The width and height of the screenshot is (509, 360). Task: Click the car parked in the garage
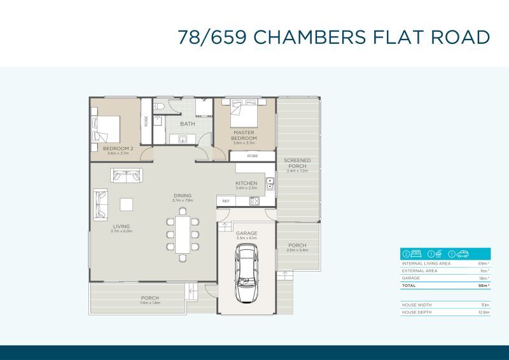click(x=246, y=274)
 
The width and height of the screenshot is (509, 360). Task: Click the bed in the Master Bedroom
click(x=244, y=117)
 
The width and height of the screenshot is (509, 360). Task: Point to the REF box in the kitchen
click(x=225, y=201)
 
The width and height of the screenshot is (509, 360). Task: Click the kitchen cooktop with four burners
click(x=254, y=201)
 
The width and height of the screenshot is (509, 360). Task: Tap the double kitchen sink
click(x=270, y=184)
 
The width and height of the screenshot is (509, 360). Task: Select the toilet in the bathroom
click(x=161, y=106)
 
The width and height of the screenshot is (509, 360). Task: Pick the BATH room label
click(x=188, y=124)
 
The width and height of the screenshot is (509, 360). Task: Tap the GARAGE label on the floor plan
click(x=247, y=233)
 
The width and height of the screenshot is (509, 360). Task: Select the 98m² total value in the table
click(x=483, y=286)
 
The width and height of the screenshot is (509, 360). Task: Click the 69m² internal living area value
click(x=483, y=263)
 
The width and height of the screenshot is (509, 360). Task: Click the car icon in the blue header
click(x=463, y=253)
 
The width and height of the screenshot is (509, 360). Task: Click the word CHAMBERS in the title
click(x=309, y=37)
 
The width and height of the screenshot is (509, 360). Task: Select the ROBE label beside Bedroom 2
click(x=146, y=121)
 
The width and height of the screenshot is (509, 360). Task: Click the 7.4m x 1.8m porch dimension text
click(x=150, y=303)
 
